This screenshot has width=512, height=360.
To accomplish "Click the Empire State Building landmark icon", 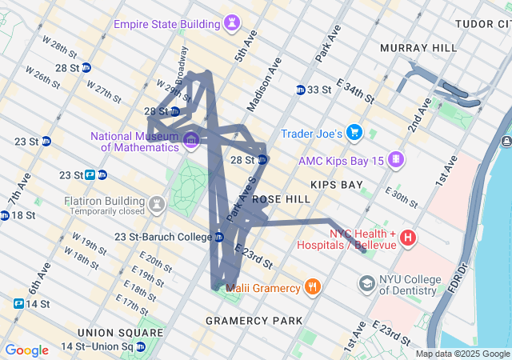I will [x=233, y=23].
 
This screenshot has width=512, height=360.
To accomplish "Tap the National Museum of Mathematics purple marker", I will [x=191, y=142].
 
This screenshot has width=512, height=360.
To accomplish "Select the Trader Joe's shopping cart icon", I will [x=354, y=133].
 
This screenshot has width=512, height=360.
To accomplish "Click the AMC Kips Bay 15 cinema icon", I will [x=394, y=160].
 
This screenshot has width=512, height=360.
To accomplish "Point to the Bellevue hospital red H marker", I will [x=408, y=237].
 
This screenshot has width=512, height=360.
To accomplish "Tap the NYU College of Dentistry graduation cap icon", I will [x=366, y=283].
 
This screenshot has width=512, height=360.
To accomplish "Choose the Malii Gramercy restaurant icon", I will [x=313, y=286].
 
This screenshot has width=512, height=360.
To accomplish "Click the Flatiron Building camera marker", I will [x=157, y=204].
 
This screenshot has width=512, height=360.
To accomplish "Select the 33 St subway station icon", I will [x=300, y=90].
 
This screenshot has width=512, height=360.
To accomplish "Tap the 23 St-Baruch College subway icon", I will [x=218, y=237].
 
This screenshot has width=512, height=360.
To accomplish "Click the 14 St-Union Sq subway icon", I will [x=141, y=346].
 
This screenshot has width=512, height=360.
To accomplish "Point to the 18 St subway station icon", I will [x=5, y=215].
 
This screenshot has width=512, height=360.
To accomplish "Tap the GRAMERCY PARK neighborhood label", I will [x=254, y=321].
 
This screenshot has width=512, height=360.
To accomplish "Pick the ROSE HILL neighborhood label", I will [x=281, y=198].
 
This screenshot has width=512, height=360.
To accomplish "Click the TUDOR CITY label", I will [x=482, y=24].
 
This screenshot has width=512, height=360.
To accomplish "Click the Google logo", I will [x=26, y=350].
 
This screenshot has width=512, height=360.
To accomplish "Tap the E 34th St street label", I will [x=355, y=90].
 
